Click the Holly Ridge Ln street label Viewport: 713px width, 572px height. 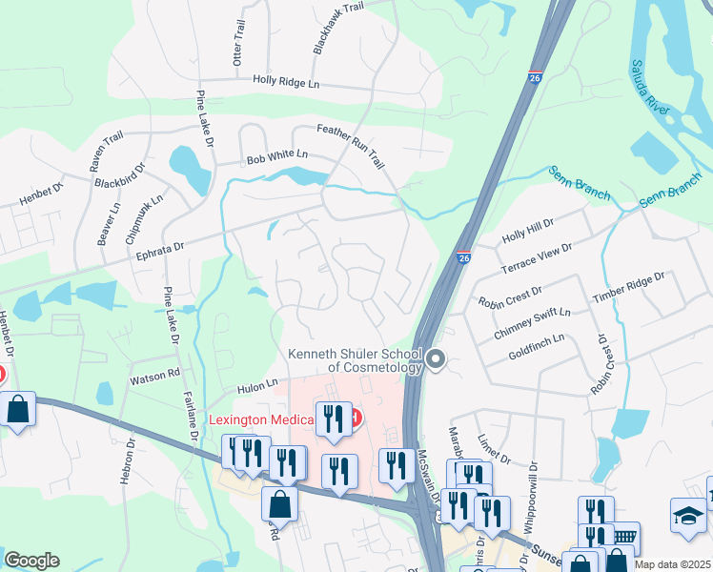286,83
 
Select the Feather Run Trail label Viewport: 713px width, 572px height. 350,147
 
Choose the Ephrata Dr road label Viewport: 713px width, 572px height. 151,253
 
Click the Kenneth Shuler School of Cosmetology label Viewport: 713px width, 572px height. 356,360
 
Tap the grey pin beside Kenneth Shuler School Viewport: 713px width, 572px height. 436,359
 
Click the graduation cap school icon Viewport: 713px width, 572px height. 687,515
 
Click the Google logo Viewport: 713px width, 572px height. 31,561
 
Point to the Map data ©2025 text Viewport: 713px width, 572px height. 672,564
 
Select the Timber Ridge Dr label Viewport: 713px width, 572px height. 627,286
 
